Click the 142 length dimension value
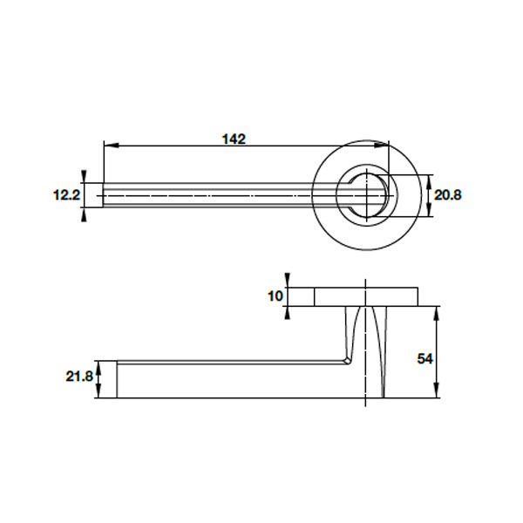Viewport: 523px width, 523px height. coord(234,139)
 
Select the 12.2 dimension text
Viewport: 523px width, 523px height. coord(66,196)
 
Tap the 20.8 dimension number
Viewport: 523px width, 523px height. coord(447,196)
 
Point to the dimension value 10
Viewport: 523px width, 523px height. coord(275,296)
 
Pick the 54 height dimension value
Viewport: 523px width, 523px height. coord(425,359)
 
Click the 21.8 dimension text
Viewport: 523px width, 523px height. coord(79,377)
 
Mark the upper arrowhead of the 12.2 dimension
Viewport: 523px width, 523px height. coord(84,178)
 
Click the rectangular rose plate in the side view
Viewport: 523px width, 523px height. coord(366,296)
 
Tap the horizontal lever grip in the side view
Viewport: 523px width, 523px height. coord(227,380)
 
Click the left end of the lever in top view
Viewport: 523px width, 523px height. coord(105,195)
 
